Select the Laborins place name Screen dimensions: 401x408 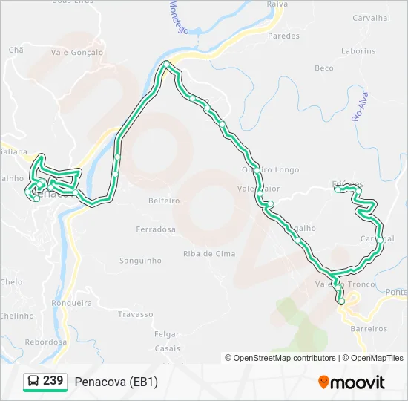pos(358,51)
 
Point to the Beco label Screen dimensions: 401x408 pos(324,68)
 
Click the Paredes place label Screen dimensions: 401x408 pos(283,36)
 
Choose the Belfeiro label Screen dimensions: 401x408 pos(164,200)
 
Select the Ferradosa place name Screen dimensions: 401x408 pos(156,229)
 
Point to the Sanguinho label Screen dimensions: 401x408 pos(140,261)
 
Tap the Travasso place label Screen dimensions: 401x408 pos(134,314)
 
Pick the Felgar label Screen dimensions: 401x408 pos(167,335)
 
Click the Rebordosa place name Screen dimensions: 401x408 pos(45,342)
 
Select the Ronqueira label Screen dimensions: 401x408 pos(71,303)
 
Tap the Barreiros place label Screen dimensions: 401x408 pos(368,328)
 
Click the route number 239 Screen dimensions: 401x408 pos(53,381)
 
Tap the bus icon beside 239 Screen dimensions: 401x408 pos(33,382)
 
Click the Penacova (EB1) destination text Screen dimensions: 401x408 pos(116,382)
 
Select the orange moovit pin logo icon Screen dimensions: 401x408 pos(323,382)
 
